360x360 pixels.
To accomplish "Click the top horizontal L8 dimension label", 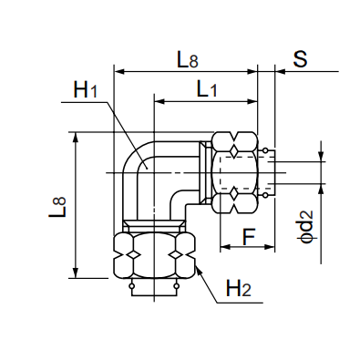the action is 188,59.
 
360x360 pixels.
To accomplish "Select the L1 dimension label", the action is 207,89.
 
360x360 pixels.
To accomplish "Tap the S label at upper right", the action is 300,58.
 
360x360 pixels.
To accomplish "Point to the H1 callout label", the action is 86,89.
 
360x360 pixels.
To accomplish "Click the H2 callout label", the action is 239,288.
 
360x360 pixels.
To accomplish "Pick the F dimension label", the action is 249,237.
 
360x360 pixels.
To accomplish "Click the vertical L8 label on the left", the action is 57,207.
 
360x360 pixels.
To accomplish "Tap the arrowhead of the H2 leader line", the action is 199,270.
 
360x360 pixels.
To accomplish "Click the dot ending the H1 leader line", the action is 147,167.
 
